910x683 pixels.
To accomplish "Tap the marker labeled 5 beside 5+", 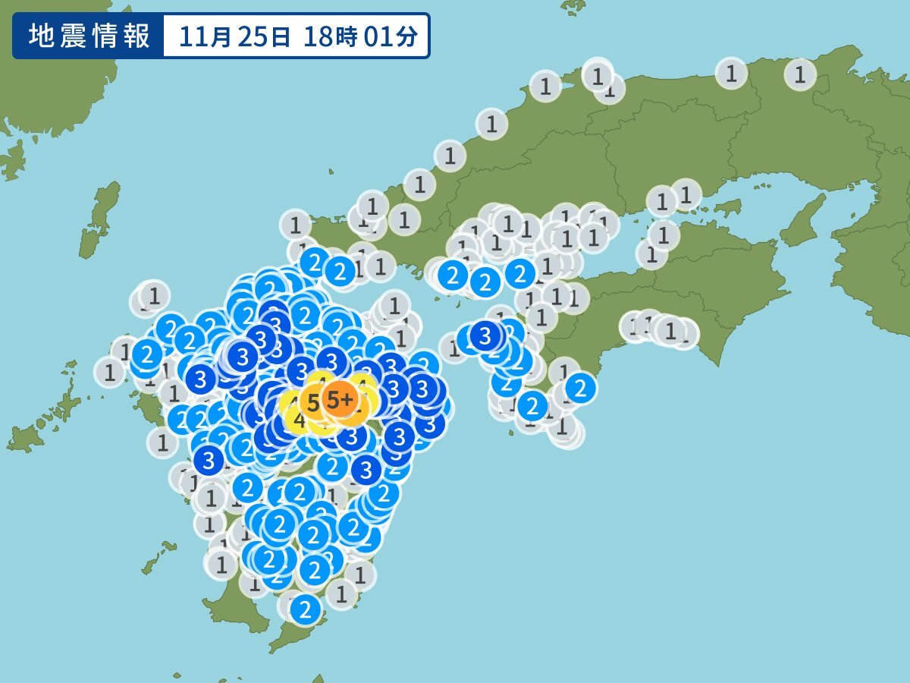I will coord(313,400).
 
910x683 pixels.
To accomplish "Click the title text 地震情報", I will coord(89,36).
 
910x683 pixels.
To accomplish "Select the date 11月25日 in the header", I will coord(236,36).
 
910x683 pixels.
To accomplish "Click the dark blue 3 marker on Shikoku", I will coord(485,335).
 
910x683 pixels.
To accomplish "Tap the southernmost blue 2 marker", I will coord(305,608).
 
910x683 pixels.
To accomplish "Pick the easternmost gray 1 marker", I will coord(799,74).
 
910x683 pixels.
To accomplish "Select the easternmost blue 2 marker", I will coord(580,389).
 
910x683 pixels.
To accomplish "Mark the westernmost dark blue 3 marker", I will coord(202,378).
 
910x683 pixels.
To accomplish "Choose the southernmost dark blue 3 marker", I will coord(366,470).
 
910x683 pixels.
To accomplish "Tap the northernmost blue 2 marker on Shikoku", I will coord(520,272).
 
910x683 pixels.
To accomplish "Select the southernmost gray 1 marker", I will coord(341,593).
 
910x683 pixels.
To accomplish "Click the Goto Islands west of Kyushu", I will coord(38,425).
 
